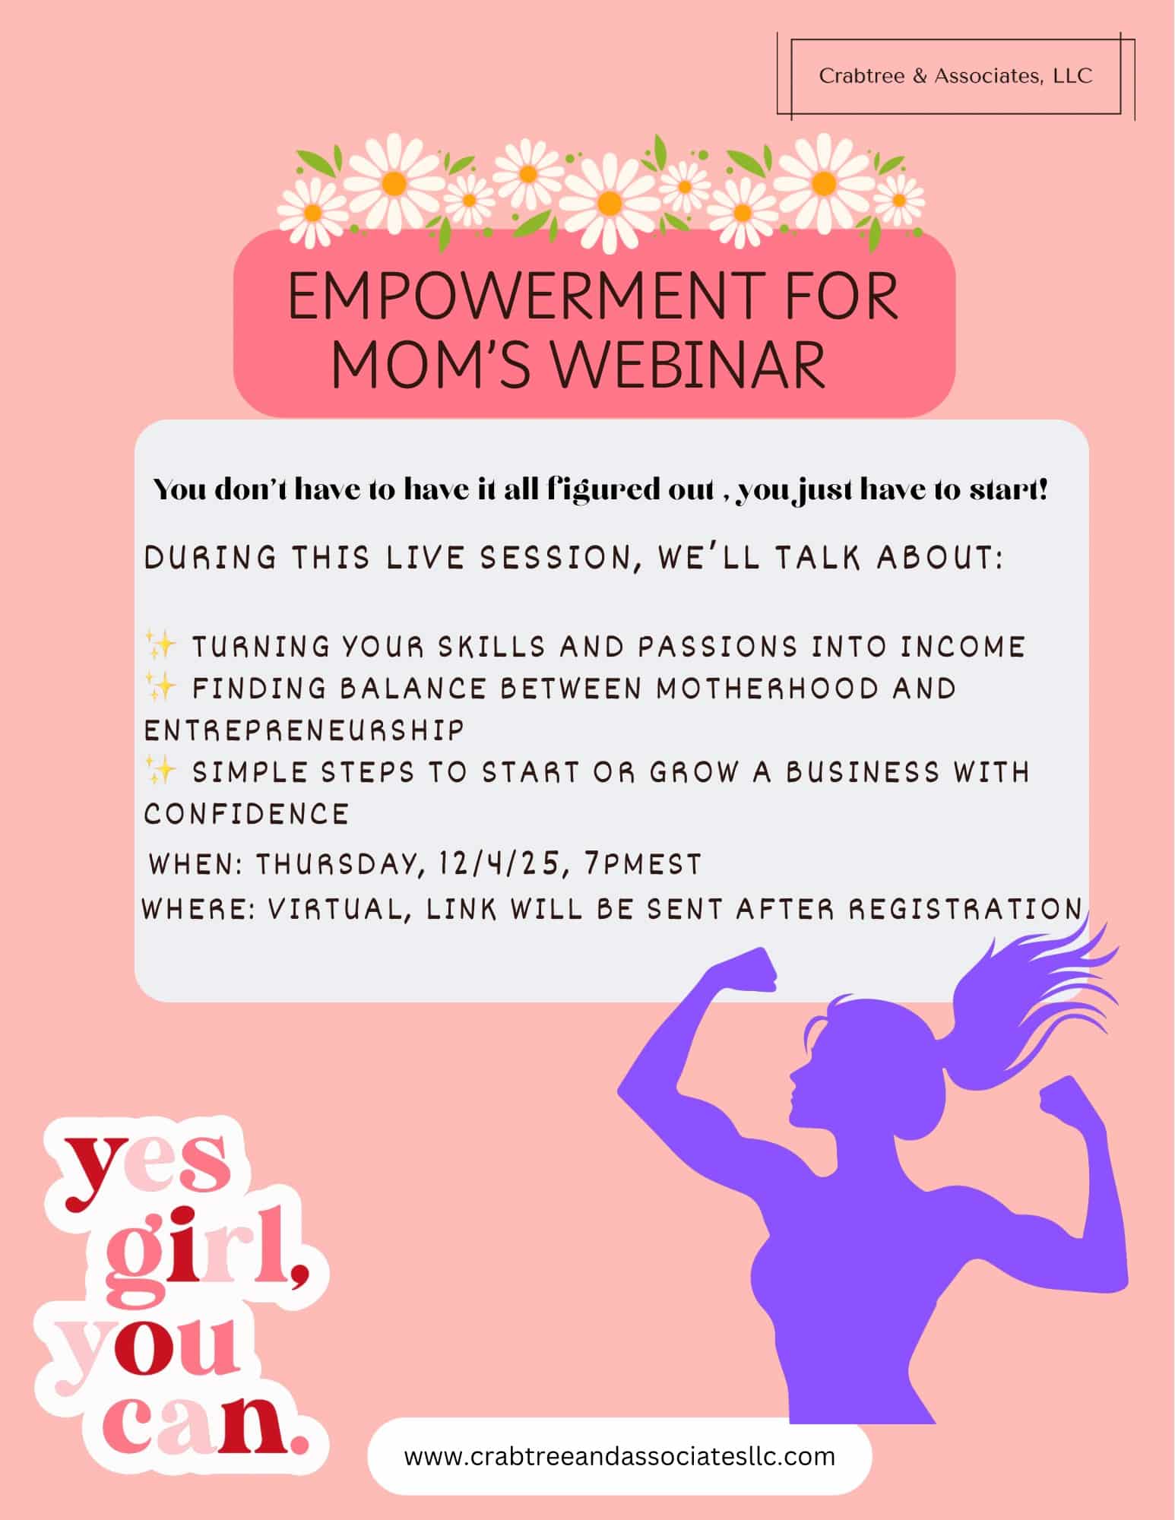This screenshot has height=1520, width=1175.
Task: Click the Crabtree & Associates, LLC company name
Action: pos(955,76)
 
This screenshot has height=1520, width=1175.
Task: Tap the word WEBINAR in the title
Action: pos(688,366)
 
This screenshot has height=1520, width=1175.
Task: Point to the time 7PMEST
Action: pos(643,864)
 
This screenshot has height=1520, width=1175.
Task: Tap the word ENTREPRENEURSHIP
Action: pos(304,730)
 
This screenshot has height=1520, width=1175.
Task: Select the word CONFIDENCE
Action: pos(246,814)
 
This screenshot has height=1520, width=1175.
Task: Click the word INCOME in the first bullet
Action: pos(963,647)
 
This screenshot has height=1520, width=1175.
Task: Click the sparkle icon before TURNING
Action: pos(160,645)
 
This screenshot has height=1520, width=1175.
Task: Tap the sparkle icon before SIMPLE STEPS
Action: pos(160,771)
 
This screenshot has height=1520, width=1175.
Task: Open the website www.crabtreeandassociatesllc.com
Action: pos(619,1456)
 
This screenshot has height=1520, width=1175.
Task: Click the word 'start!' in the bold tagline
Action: pos(1009,490)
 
